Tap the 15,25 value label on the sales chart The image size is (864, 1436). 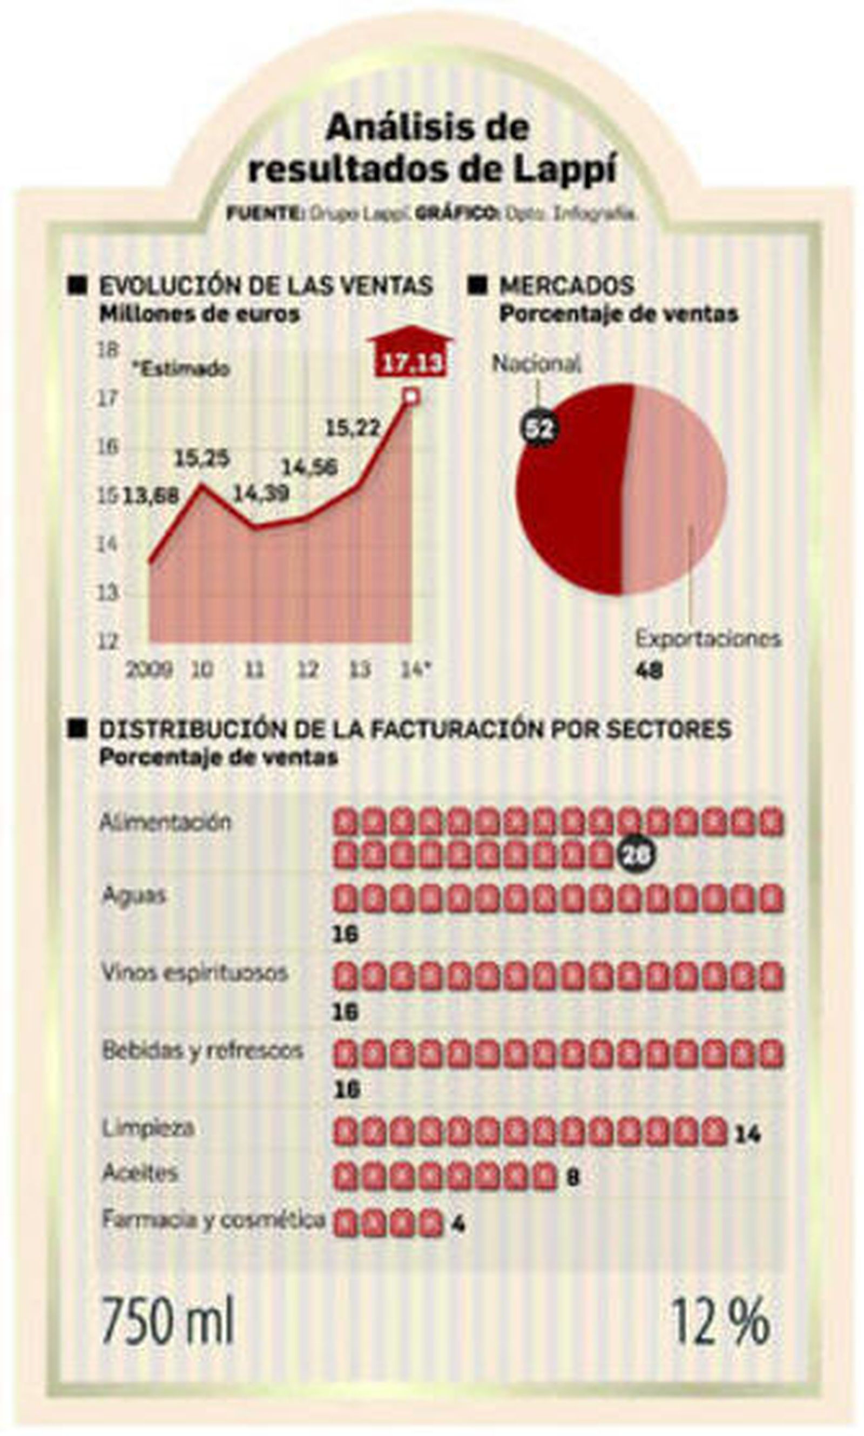click(x=202, y=459)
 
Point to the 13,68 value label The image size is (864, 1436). click(x=151, y=496)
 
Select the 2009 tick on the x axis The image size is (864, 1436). click(x=149, y=669)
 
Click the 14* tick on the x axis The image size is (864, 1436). click(x=416, y=669)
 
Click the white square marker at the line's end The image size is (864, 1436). click(x=411, y=396)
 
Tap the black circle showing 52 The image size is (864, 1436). click(x=538, y=429)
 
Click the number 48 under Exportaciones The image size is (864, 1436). click(x=649, y=671)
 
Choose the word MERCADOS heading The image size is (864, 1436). click(x=566, y=285)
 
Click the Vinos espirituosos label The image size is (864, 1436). click(x=195, y=973)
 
